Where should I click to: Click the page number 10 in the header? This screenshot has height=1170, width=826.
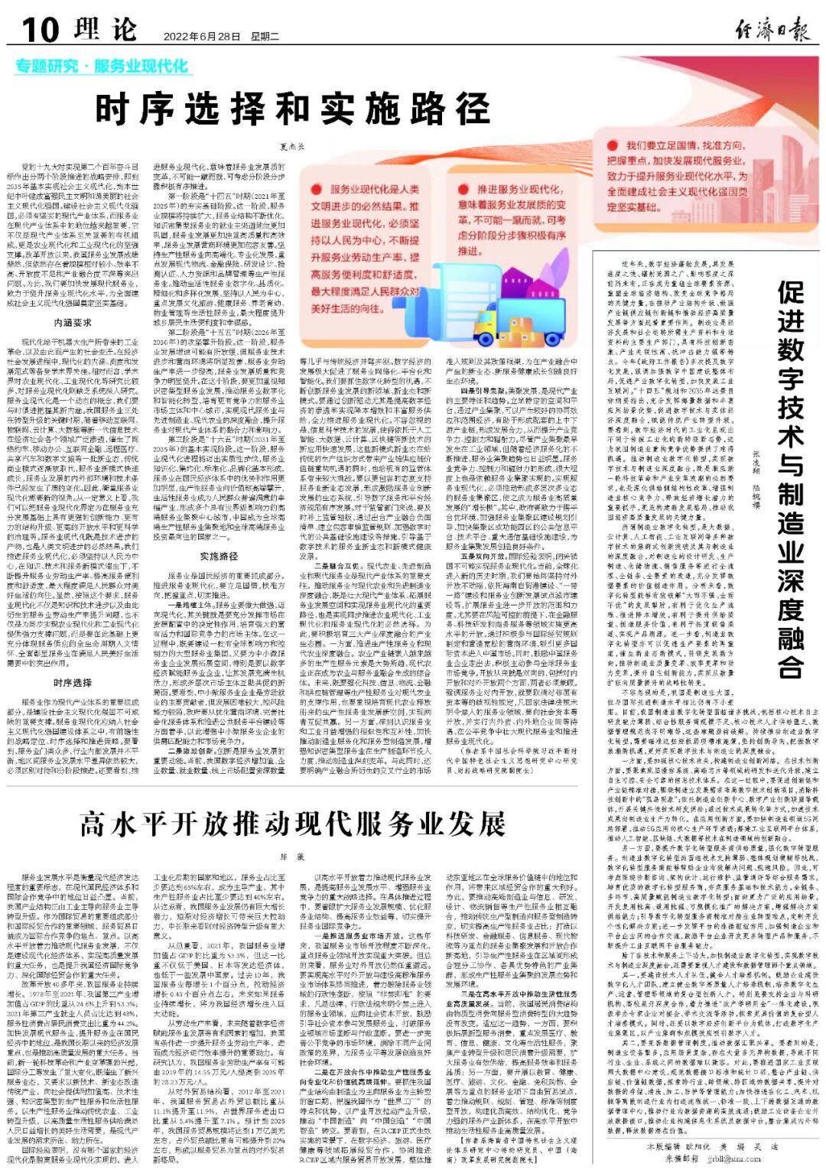(x=39, y=31)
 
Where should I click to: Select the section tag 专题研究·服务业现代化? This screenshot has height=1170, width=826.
(x=101, y=67)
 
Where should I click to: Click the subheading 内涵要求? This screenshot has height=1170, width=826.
(x=73, y=323)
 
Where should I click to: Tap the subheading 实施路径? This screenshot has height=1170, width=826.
(x=219, y=556)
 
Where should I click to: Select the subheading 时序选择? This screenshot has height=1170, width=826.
(x=73, y=683)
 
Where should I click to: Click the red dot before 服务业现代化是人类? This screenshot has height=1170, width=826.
(x=316, y=189)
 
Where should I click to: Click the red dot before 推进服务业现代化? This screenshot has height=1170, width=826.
(x=463, y=189)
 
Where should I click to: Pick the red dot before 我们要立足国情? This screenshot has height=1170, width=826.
(x=613, y=145)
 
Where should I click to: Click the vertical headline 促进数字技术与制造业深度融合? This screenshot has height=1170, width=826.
(x=791, y=482)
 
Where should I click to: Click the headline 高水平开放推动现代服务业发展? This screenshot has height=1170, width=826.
(x=292, y=824)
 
